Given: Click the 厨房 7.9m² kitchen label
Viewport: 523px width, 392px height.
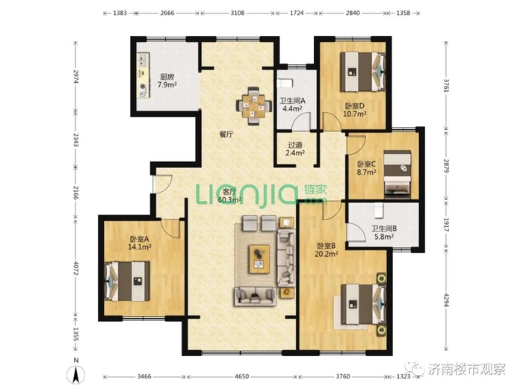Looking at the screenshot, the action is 167,81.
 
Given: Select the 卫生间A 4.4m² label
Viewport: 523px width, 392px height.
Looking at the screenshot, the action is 293,104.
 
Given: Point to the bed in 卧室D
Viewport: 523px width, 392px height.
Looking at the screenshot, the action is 362,72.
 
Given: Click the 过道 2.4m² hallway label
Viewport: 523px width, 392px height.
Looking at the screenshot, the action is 295,149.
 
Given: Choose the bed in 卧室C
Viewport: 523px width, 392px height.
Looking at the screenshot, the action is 397,174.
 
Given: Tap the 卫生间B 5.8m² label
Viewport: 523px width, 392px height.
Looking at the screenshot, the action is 384,233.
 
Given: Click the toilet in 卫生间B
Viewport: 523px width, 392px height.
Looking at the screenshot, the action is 379,210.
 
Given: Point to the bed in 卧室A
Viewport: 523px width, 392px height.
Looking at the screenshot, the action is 128,281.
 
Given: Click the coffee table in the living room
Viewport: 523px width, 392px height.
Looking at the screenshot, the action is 259,259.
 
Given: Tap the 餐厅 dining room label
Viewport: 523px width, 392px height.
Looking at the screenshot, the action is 226,134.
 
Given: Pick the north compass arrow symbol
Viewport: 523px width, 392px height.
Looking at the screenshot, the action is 76,373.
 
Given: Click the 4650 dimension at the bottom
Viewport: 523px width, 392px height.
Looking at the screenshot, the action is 242,376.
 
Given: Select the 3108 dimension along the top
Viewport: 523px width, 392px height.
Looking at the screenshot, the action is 238,13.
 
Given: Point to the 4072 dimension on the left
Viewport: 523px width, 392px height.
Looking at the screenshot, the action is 76,268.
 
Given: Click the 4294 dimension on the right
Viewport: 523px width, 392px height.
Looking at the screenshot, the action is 447,299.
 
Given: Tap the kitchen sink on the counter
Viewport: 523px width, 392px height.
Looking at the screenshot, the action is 143,60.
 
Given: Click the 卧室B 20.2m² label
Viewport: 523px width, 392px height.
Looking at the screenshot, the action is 327,250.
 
